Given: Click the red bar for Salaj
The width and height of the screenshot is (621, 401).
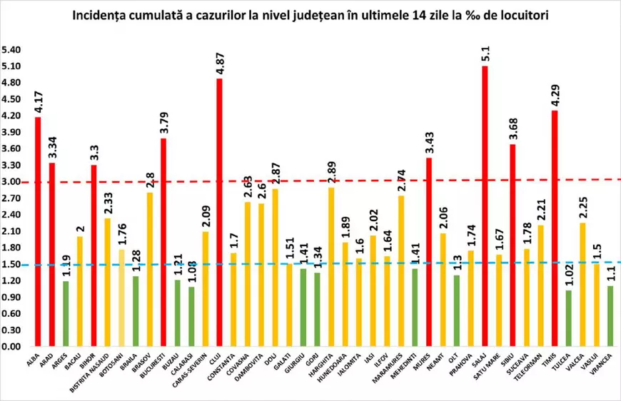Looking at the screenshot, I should [485, 207].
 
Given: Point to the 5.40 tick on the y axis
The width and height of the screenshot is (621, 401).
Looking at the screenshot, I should [11, 50].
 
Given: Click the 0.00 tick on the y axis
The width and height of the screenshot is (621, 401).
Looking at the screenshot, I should [11, 347].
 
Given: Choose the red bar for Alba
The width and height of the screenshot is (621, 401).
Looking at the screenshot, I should [38, 232].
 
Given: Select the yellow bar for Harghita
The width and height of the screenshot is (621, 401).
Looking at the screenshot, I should [330, 268].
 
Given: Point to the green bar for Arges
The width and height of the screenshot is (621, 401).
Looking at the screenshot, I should [66, 314].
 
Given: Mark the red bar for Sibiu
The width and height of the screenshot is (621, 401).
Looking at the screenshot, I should [513, 245].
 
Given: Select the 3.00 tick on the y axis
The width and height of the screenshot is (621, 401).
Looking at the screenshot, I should [11, 182].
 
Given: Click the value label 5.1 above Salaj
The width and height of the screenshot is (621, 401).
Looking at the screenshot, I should [485, 54].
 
